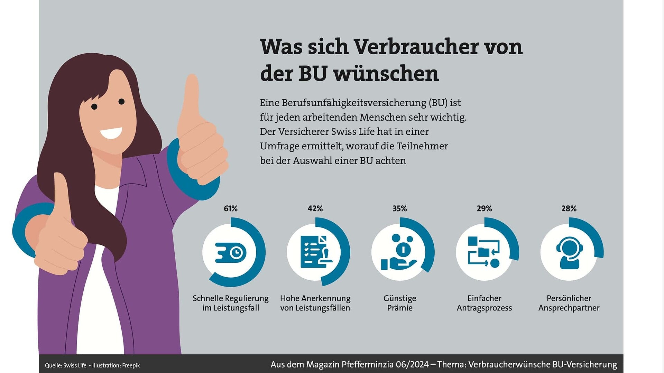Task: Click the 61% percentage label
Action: coord(230,208)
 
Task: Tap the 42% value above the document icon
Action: coord(315,208)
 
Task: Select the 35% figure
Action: coord(399,208)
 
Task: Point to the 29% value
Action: coord(484,208)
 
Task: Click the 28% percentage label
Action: coord(569,208)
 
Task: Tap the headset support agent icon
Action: coord(569,252)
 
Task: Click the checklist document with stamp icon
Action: coord(316,252)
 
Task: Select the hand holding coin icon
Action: coord(399,252)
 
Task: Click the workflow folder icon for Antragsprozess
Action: coord(484,252)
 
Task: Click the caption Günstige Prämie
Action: coord(399,303)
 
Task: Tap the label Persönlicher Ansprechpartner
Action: coord(569,303)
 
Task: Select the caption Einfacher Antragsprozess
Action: coord(484,303)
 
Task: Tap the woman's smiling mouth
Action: coord(111,133)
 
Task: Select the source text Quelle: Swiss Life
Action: coord(66,365)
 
